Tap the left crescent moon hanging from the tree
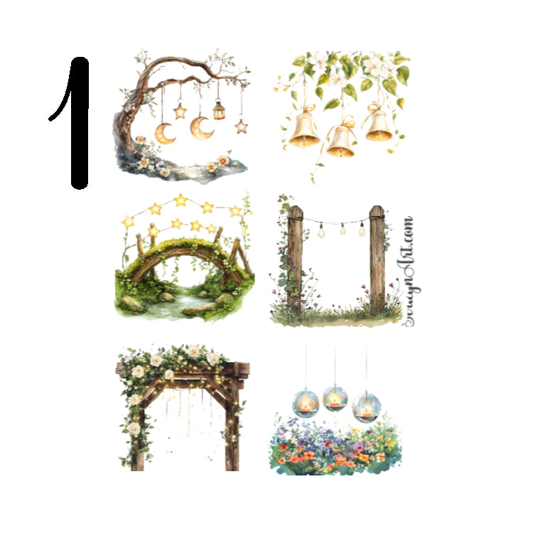pyautogui.click(x=165, y=131)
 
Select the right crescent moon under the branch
pyautogui.click(x=201, y=128)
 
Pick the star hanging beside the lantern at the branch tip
pyautogui.click(x=242, y=126)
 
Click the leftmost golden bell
pyautogui.click(x=305, y=129)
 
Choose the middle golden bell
pyautogui.click(x=340, y=139)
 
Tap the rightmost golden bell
pyautogui.click(x=378, y=124)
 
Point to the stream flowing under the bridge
pyautogui.click(x=186, y=302)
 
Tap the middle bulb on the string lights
pyautogui.click(x=343, y=229)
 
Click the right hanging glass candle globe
pyautogui.click(x=366, y=407)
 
